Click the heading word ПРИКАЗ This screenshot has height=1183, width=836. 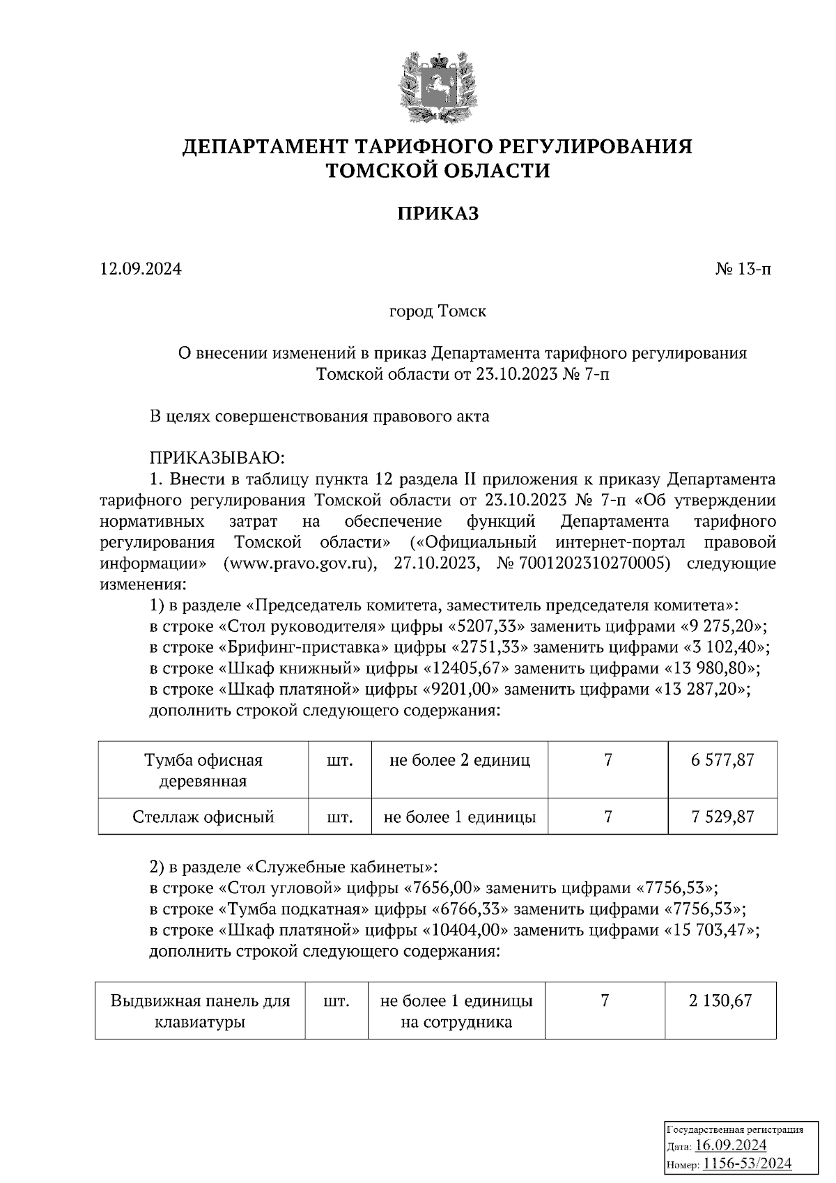pos(438,214)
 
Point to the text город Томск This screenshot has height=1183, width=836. pos(438,311)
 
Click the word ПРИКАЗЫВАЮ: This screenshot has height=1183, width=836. pos(217,458)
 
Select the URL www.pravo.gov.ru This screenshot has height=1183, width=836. pos(300,563)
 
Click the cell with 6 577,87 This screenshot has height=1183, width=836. pos(722,759)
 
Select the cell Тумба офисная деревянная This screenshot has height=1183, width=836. pos(203,770)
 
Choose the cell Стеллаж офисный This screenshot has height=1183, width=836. pos(203,817)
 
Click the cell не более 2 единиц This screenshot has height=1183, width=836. pos(460,759)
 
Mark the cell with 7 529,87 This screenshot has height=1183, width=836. pos(722,817)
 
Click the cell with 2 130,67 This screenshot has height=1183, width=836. pos(720,1001)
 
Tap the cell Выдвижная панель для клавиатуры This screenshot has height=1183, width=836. pos(200,1012)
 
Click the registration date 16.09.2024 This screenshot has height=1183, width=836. pos(731,1145)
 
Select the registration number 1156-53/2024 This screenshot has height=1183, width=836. pos(747,1163)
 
